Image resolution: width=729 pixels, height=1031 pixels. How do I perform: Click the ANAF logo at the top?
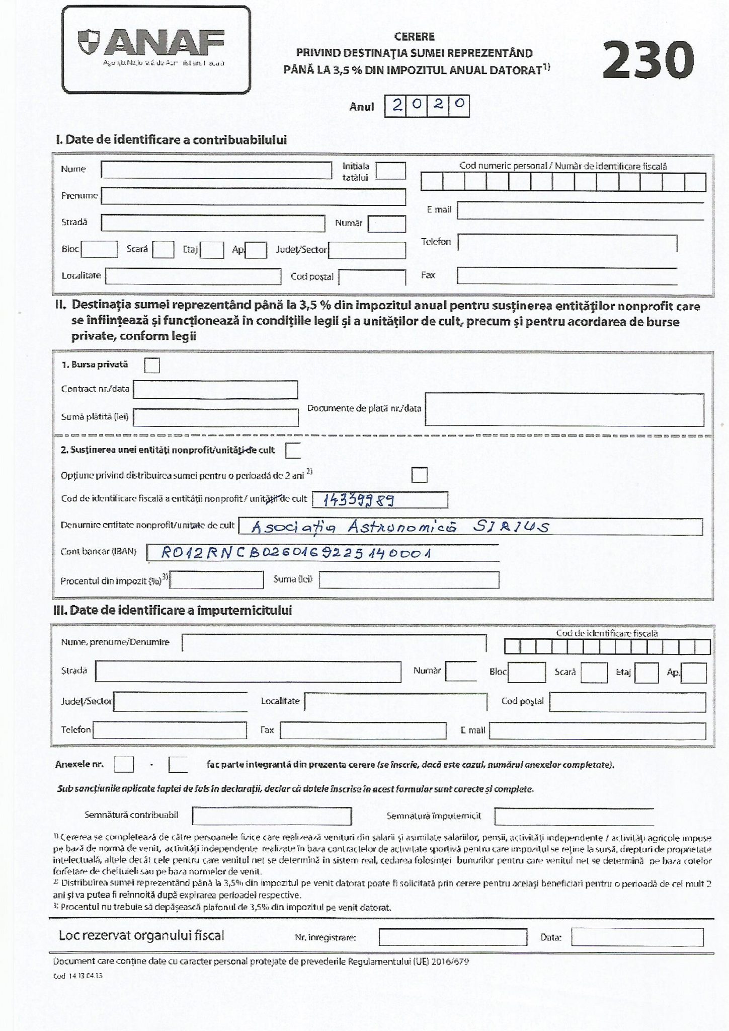156,49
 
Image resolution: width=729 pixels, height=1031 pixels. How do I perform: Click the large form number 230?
648,60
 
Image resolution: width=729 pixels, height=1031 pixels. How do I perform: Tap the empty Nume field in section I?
216,170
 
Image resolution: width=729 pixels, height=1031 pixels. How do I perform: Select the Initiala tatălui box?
390,171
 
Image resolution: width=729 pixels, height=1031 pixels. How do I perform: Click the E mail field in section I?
580,210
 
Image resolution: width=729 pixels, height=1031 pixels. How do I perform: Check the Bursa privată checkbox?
152,365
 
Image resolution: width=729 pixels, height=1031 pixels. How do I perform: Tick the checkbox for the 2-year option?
419,475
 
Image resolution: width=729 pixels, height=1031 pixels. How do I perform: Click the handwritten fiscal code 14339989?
358,500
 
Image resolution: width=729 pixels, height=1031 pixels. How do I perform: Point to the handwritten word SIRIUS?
511,527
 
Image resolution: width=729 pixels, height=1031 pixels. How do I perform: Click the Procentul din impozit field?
217,580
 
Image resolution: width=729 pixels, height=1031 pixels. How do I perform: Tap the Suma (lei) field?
409,580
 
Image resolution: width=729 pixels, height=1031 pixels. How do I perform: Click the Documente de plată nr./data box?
564,409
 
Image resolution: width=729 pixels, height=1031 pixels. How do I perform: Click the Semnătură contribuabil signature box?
272,816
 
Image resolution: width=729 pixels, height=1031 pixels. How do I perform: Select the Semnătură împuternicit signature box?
574,816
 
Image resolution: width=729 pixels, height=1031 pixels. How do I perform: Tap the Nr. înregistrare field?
453,937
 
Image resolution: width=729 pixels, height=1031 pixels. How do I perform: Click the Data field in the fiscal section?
637,937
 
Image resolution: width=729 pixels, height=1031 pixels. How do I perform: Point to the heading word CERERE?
414,36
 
